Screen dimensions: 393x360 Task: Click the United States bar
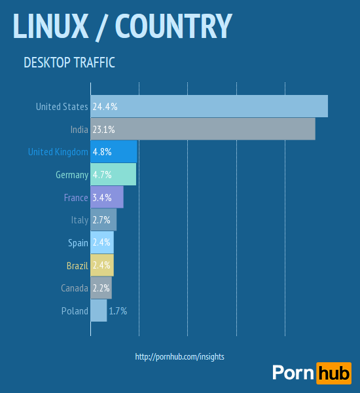209,106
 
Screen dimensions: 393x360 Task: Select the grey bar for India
203,129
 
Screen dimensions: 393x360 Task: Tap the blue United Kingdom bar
114,152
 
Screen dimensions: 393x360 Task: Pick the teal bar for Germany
113,175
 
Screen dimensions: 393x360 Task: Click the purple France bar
107,197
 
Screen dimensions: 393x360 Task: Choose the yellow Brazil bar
102,265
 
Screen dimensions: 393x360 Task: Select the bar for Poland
99,311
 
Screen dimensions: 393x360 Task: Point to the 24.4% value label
105,106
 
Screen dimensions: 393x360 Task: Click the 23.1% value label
104,129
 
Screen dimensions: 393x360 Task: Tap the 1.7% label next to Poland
118,311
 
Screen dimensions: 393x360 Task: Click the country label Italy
79,220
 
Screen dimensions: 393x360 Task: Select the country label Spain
78,243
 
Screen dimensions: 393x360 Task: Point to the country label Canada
74,288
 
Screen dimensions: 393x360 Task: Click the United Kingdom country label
58,152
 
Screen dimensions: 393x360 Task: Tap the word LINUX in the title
50,26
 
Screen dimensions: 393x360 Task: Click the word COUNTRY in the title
173,26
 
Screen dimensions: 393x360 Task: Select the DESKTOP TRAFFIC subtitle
69,63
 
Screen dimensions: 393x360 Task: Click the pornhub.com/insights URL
179,357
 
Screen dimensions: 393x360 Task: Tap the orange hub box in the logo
333,373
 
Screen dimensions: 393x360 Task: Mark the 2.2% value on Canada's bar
101,288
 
